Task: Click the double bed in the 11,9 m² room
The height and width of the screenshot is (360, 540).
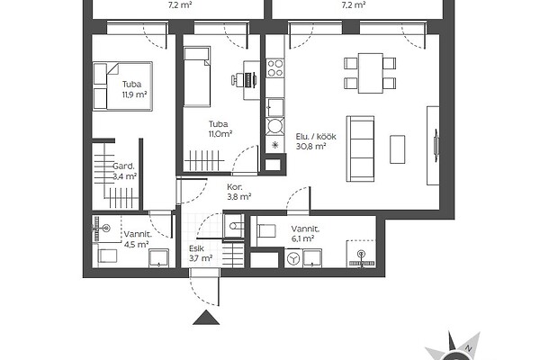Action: pos(122,86)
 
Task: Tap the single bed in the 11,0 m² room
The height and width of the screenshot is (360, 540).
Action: pos(196,76)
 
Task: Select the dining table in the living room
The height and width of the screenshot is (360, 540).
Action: pos(371,73)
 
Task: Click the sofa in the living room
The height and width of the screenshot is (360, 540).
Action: pos(360,148)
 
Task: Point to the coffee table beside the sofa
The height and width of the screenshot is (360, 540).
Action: pos(398,149)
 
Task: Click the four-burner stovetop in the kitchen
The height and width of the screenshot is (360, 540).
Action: pos(275,68)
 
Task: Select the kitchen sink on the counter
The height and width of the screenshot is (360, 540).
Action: pos(275,107)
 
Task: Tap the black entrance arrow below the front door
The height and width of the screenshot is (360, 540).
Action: pos(206,318)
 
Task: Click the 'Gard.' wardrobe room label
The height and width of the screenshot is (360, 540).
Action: pos(123,166)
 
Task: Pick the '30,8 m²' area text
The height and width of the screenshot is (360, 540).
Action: pos(311,147)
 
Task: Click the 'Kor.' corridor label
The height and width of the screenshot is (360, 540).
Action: pos(235,187)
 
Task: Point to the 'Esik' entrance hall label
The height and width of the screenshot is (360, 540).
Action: pos(196,248)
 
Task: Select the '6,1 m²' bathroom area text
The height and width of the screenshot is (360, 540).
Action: pos(302,238)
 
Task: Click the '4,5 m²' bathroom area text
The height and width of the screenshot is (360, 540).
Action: pos(137,244)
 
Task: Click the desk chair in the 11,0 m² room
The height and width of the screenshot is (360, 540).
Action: pos(237,80)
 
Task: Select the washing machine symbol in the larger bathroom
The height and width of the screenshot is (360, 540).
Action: pos(293,258)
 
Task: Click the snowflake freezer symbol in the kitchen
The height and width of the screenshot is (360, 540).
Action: pos(274,145)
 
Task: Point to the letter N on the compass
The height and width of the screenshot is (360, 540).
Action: pos(468,348)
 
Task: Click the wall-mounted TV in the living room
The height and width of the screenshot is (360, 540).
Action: pos(436,145)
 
